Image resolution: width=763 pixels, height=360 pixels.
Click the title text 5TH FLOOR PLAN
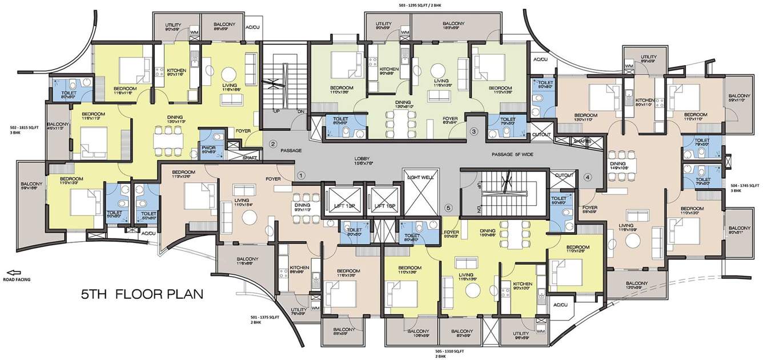141,295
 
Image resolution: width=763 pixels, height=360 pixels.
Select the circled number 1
302,175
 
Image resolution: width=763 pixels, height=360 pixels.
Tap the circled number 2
273,143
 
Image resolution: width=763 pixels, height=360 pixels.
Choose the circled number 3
473,131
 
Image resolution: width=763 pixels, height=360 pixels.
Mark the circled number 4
587,177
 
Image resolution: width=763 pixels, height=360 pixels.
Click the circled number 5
448,207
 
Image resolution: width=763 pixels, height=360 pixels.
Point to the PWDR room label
208,149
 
